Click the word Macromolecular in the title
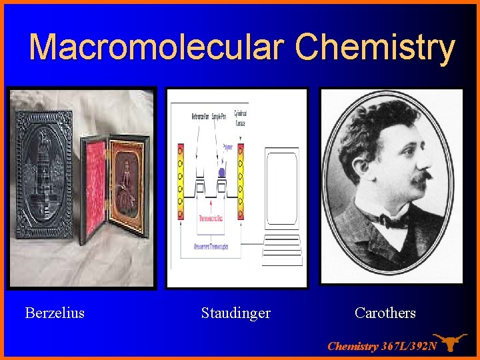157,47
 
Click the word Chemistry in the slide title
375,47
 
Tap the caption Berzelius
55,313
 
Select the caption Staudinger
236,313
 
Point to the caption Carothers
385,313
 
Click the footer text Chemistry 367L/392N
382,346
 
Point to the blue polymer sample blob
222,173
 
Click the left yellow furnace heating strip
180,181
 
